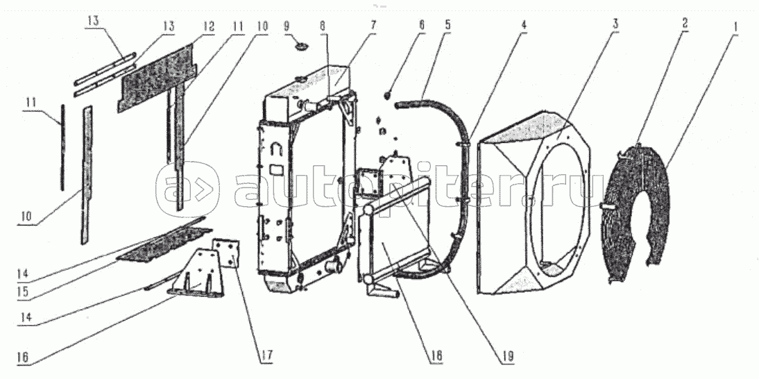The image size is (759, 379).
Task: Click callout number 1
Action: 734,25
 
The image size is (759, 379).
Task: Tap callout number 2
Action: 685,22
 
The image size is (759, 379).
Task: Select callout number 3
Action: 615,24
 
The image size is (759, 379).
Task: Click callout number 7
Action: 373,24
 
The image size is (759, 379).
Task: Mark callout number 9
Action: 287,25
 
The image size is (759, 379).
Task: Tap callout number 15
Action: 23,293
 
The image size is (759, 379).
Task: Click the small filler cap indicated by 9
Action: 302,47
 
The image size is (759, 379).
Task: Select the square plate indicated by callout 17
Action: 227,252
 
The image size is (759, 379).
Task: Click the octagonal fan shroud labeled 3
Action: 534,203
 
